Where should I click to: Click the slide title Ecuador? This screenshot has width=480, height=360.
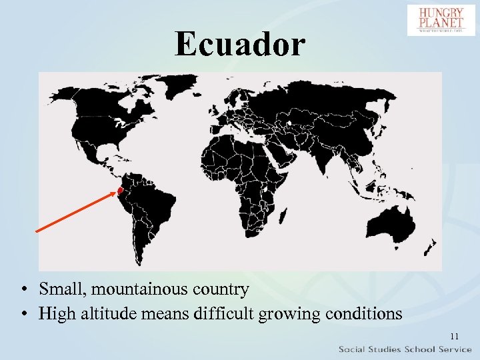click(240, 44)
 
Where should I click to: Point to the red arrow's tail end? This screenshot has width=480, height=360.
click(36, 231)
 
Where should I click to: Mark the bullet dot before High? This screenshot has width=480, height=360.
click(23, 313)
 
